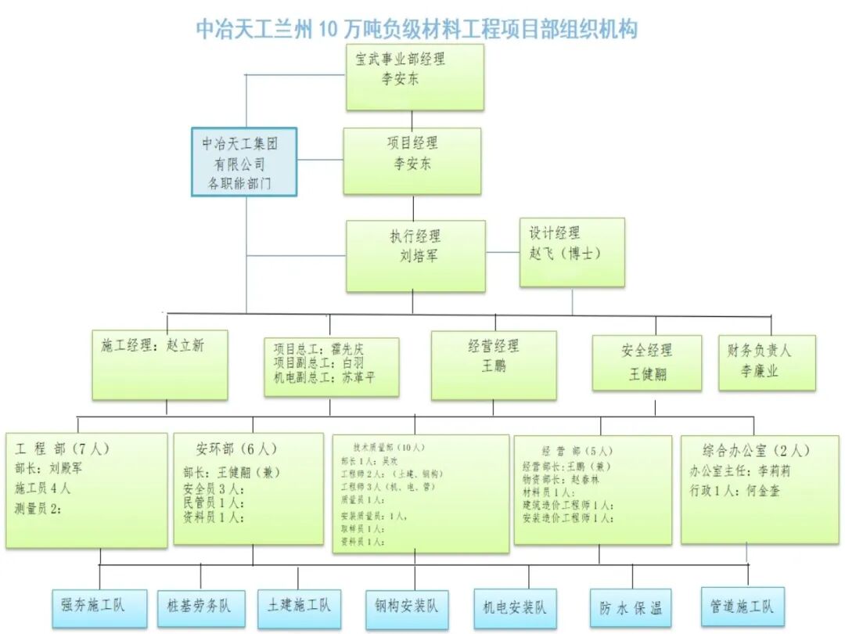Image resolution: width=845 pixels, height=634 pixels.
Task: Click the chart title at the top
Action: [416, 29]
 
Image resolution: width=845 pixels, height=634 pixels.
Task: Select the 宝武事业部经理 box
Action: [415, 76]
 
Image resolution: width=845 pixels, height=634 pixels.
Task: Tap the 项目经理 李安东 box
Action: [412, 160]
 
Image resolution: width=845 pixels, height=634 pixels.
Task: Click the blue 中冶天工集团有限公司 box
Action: [244, 162]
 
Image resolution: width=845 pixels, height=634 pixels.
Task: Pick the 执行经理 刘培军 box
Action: [415, 256]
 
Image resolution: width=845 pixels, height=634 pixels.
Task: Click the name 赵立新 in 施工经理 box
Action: [185, 344]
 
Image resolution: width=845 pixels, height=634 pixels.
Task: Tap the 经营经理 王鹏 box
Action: [494, 365]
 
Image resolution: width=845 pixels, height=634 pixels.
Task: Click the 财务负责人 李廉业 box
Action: [767, 362]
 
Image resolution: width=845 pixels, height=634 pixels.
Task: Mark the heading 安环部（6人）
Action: [236, 449]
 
